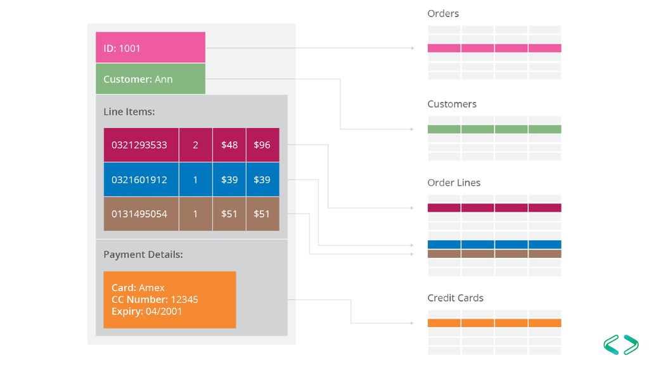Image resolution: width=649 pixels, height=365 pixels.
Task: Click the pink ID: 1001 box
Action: tap(150, 47)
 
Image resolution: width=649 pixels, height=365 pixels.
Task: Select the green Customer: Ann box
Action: tap(150, 79)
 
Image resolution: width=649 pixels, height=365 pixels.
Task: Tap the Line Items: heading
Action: tap(129, 112)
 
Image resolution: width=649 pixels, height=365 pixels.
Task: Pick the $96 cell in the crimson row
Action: tap(262, 145)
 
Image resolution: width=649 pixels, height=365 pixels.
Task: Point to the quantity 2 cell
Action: tap(195, 145)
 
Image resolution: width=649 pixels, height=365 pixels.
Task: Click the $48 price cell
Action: tap(229, 145)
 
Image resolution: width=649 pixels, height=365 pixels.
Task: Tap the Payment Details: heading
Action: tap(143, 255)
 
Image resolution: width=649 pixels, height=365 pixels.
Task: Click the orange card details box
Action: tap(170, 300)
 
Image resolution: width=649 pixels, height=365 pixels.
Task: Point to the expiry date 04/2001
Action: tap(164, 311)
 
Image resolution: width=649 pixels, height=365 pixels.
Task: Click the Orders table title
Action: tap(443, 14)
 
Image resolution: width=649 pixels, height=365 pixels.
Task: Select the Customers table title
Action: tap(451, 104)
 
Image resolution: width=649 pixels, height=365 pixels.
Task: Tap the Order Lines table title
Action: tap(454, 182)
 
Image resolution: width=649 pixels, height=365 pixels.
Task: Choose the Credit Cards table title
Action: tap(455, 298)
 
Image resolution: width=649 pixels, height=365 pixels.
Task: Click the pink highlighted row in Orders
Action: tap(494, 48)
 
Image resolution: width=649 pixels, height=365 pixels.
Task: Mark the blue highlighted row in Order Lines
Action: tap(494, 245)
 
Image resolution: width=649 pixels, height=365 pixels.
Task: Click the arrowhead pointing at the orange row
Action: tap(412, 323)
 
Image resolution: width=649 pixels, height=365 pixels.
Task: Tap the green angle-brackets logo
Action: tap(621, 344)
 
